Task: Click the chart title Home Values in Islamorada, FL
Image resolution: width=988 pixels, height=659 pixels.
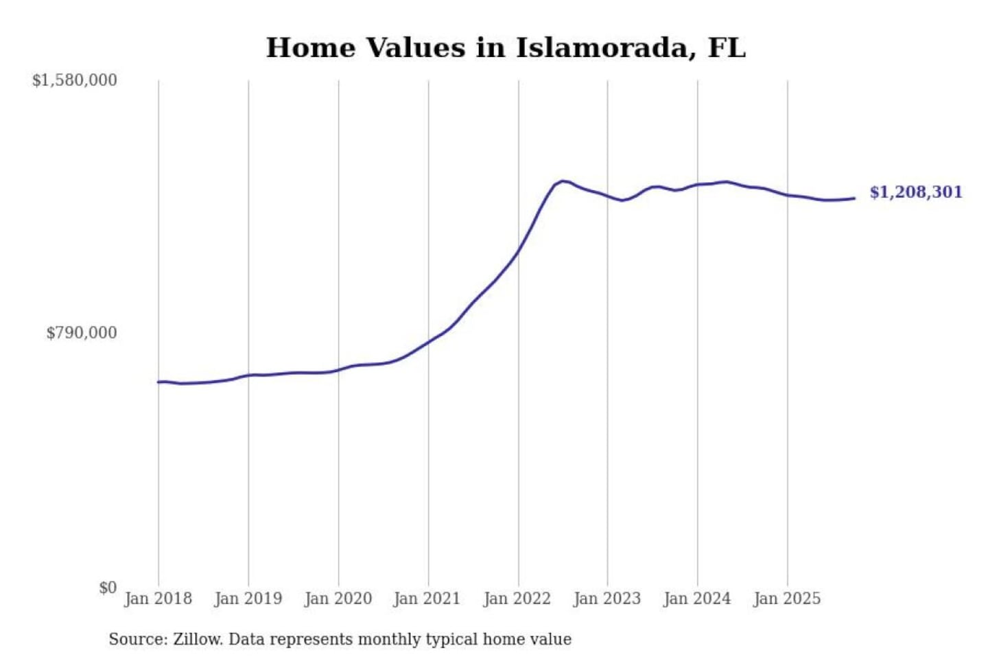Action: pyautogui.click(x=506, y=48)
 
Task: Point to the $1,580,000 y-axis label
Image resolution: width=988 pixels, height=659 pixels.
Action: pyautogui.click(x=75, y=80)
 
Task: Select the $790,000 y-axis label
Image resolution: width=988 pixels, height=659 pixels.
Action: pyautogui.click(x=82, y=333)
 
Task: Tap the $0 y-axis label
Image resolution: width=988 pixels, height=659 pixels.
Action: pyautogui.click(x=108, y=588)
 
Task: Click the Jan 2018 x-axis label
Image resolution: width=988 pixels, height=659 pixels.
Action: pyautogui.click(x=158, y=599)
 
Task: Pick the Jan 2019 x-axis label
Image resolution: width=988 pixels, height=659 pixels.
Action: pyautogui.click(x=248, y=599)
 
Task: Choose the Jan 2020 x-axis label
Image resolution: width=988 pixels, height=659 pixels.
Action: pyautogui.click(x=338, y=599)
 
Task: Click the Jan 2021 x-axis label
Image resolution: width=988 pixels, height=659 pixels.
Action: pyautogui.click(x=427, y=599)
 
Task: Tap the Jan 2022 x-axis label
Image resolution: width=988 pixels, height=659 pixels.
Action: pyautogui.click(x=517, y=599)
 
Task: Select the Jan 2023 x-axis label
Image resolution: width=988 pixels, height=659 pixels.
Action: pyautogui.click(x=607, y=599)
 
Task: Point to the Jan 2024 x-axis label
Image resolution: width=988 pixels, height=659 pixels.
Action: pyautogui.click(x=696, y=599)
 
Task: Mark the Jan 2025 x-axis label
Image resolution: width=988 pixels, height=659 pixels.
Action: pyautogui.click(x=786, y=599)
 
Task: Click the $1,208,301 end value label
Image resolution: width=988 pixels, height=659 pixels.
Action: pyautogui.click(x=916, y=192)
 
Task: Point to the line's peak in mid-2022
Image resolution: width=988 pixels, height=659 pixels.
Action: pyautogui.click(x=563, y=181)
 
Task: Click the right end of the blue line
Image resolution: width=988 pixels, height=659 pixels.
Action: pyautogui.click(x=854, y=198)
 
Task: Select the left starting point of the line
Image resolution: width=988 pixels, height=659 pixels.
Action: pyautogui.click(x=158, y=382)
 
